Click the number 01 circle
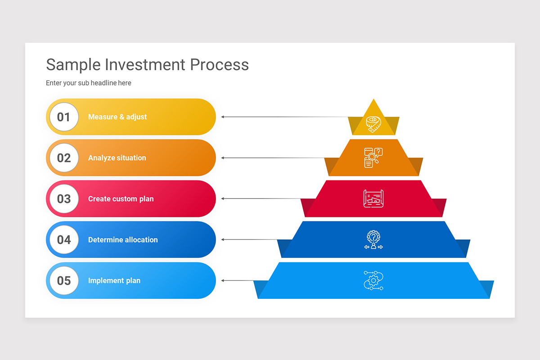pyautogui.click(x=64, y=117)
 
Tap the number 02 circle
pyautogui.click(x=64, y=158)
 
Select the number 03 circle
pyautogui.click(x=64, y=199)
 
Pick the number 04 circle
pyautogui.click(x=64, y=240)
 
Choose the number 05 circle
pyautogui.click(x=64, y=281)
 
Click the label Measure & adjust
pyautogui.click(x=117, y=117)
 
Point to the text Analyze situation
pyautogui.click(x=117, y=158)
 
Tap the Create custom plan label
pyautogui.click(x=121, y=199)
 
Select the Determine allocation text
pyautogui.click(x=123, y=240)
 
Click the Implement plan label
pyautogui.click(x=114, y=281)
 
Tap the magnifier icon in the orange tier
pyautogui.click(x=373, y=157)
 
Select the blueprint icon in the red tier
pyautogui.click(x=373, y=198)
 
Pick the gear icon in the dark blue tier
pyautogui.click(x=373, y=239)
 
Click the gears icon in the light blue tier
pyautogui.click(x=373, y=280)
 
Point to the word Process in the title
pyautogui.click(x=219, y=65)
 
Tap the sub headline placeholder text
pyautogui.click(x=89, y=83)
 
